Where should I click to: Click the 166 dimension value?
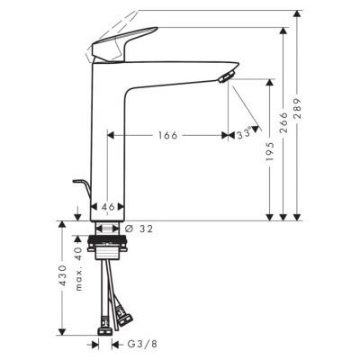coord(164,135)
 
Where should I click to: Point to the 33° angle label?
coord(240,135)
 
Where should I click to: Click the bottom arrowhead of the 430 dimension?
coord(62,328)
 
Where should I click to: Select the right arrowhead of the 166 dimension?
coord(221,135)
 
